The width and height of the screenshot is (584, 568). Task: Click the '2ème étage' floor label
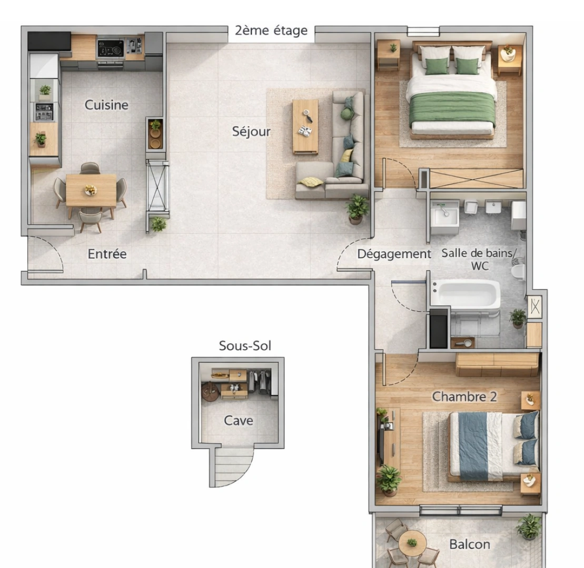tap(271, 31)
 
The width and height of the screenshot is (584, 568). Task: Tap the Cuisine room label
tap(106, 105)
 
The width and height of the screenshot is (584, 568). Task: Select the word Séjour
tap(251, 131)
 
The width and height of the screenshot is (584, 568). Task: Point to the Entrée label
tap(107, 254)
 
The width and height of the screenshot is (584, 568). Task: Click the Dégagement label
tap(394, 254)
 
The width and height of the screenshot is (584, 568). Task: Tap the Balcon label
tap(470, 544)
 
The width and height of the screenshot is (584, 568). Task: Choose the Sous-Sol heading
tap(245, 346)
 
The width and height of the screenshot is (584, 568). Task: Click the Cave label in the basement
tap(238, 421)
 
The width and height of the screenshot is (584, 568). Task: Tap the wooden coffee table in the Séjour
tap(305, 126)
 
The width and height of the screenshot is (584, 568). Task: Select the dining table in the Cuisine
tap(91, 190)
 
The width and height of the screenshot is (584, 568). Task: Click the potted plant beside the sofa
tap(357, 208)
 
